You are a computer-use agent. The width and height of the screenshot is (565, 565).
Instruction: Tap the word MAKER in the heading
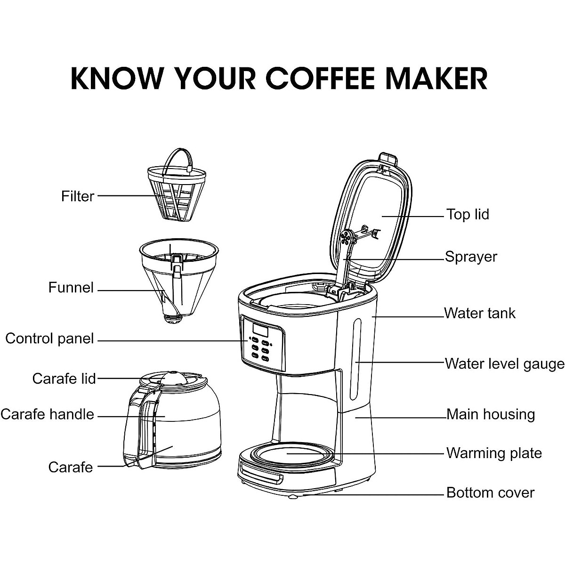pos(436,78)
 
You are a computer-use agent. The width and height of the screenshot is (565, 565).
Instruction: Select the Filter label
pos(78,196)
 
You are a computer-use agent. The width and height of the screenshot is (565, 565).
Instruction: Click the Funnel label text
pos(71,287)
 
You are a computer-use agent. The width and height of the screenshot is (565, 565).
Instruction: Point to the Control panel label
pos(49,339)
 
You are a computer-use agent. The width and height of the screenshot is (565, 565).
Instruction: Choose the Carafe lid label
pos(64,379)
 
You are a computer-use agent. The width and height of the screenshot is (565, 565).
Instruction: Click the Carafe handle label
pos(47,414)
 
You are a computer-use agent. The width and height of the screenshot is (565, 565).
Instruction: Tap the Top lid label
pos(468,214)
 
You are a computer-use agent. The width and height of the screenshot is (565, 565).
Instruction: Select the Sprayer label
pos(471,257)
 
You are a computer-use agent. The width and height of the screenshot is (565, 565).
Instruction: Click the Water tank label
pos(480,313)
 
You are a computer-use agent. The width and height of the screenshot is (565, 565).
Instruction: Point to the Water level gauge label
pos(505,364)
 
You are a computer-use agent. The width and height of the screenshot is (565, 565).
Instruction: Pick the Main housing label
pos(491,415)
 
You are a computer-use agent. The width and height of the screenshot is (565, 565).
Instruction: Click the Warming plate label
pos(494,453)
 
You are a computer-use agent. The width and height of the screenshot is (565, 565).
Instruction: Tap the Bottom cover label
pos(490,492)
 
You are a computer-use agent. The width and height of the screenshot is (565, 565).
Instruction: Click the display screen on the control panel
pos(260,331)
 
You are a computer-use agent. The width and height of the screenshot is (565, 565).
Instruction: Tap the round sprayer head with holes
pos(346,237)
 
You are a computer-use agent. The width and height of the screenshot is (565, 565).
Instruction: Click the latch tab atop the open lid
pos(388,159)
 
